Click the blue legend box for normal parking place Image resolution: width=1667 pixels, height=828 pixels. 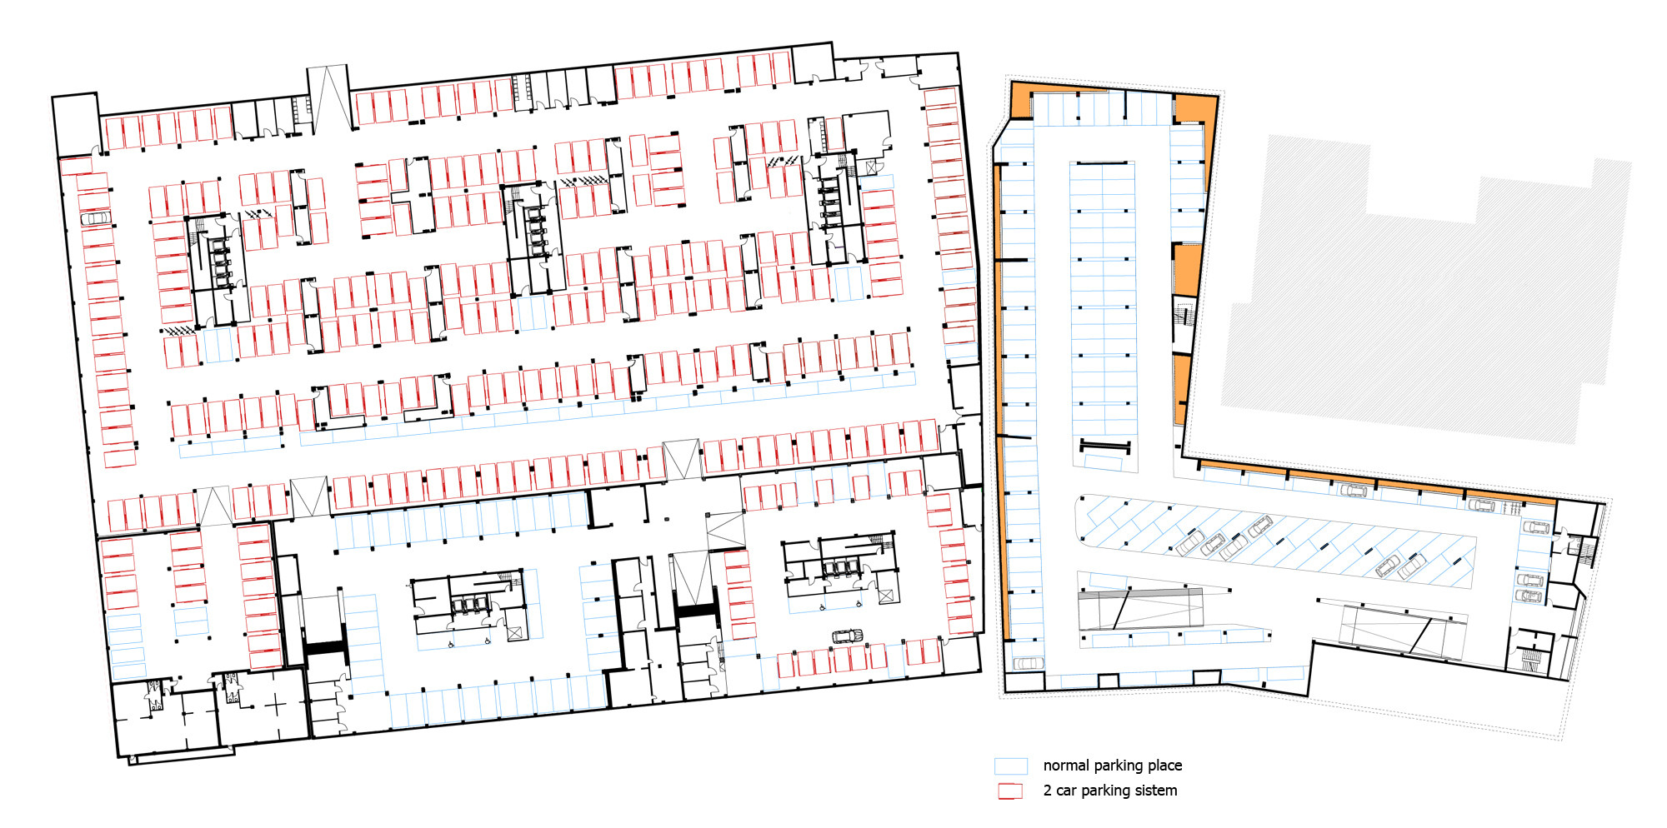tap(1010, 766)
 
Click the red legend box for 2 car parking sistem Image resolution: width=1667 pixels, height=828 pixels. tap(1010, 791)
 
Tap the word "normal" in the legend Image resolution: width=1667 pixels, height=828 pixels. tap(1066, 766)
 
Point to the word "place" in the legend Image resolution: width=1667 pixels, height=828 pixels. tap(1163, 766)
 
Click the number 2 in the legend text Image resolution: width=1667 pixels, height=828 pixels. tap(1047, 791)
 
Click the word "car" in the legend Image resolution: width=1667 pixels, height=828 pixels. tap(1066, 791)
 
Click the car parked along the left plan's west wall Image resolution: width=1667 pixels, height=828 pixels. tap(96, 218)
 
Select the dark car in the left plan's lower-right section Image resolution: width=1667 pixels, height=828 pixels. tap(847, 636)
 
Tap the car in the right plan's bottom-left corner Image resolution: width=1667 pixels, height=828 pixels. tap(1029, 663)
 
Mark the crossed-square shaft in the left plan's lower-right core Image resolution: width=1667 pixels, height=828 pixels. tap(886, 596)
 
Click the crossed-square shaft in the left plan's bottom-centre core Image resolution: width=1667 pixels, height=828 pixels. tap(515, 633)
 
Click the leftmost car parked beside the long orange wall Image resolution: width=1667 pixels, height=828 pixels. tap(1354, 491)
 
